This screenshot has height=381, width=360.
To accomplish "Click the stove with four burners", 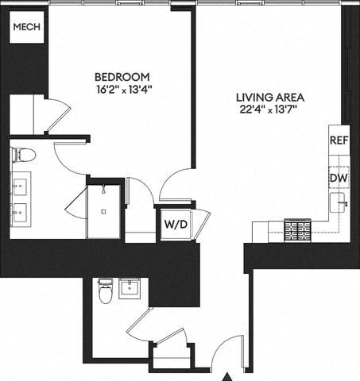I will tap(299, 230).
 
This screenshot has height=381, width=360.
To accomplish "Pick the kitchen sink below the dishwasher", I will tap(341, 205).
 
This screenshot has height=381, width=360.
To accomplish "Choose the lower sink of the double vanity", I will tap(19, 212).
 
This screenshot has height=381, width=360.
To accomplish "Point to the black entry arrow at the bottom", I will tap(227, 376).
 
